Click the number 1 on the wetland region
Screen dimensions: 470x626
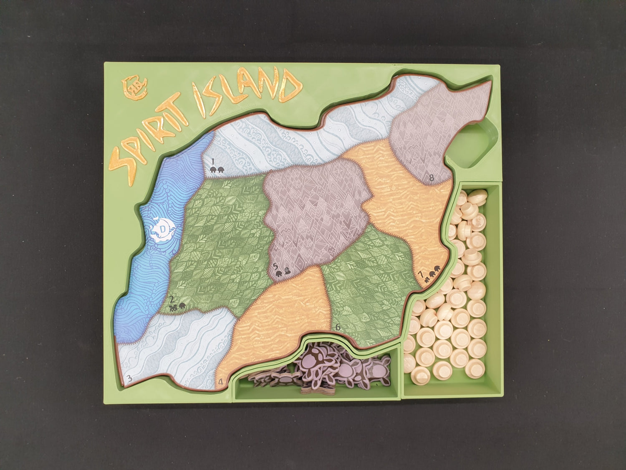click(x=212, y=161)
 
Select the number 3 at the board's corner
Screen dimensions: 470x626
click(x=129, y=379)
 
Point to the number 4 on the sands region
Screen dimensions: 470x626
click(x=221, y=381)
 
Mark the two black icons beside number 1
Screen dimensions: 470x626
click(x=217, y=169)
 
